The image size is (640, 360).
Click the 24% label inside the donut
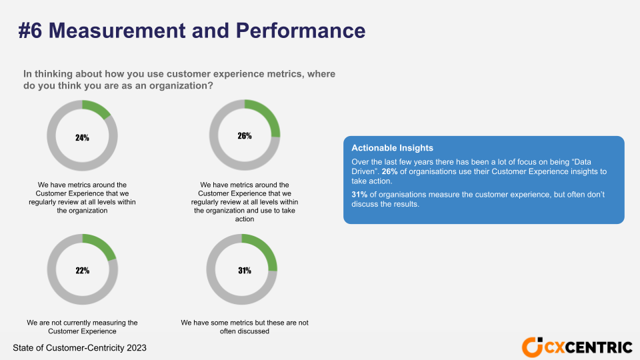coord(82,138)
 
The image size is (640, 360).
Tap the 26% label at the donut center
coord(245,136)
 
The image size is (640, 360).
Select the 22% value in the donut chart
coord(82,271)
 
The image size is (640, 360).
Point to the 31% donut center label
coord(245,271)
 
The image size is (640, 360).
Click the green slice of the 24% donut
coord(97,109)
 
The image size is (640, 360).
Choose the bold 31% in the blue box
coord(359,194)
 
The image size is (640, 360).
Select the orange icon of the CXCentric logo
coord(532,347)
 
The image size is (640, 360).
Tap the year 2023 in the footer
coord(135,348)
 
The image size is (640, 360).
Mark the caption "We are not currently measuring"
coord(82,323)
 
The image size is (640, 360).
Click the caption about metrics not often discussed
coord(245,327)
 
